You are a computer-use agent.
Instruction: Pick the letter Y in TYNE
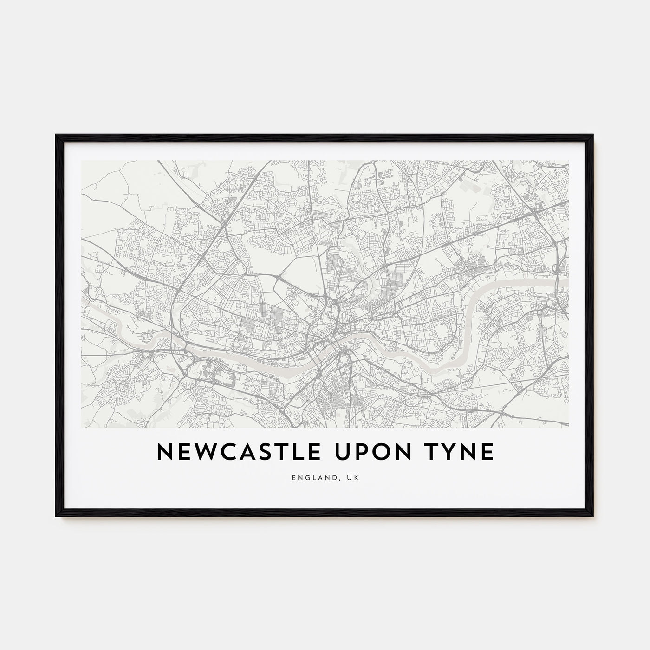[x=441, y=452]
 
